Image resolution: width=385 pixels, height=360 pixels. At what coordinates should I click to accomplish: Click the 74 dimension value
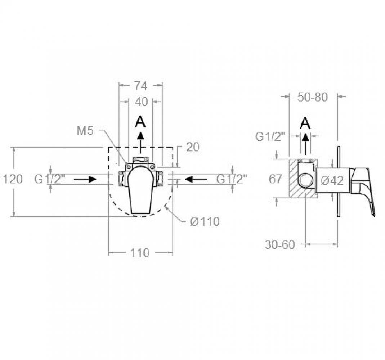point(141,86)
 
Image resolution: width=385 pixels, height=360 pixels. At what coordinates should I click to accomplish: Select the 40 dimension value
point(142,102)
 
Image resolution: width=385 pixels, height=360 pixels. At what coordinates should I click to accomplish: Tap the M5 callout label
point(85,131)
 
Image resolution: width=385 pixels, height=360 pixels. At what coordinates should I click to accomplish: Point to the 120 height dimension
point(13,179)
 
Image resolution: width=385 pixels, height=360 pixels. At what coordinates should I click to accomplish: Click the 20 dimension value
point(193,147)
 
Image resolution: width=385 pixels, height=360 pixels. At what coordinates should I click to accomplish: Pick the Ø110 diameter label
point(205,222)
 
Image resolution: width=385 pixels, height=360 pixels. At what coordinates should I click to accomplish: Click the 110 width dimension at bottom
point(140,253)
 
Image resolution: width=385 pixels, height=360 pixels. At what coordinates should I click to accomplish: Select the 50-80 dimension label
point(313,97)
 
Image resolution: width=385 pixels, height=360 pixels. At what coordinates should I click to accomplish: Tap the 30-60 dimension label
point(280,245)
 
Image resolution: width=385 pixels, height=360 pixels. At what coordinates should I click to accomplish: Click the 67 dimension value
point(276,179)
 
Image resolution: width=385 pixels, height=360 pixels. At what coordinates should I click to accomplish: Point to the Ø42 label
point(332,181)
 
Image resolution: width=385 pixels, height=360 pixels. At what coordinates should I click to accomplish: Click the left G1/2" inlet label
point(50,179)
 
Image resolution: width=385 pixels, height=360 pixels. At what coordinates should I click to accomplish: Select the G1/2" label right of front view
point(232,179)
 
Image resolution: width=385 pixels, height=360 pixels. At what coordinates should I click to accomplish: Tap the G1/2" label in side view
point(270,136)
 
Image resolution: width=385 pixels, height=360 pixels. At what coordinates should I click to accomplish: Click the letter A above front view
point(140,122)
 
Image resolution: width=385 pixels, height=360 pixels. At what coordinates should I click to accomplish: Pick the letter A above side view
point(305,123)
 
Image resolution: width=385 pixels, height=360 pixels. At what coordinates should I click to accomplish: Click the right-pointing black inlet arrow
point(85,179)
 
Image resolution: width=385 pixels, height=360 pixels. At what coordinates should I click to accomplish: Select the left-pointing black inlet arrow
point(197,179)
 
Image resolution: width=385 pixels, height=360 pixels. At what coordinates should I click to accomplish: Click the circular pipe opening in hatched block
point(306,181)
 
